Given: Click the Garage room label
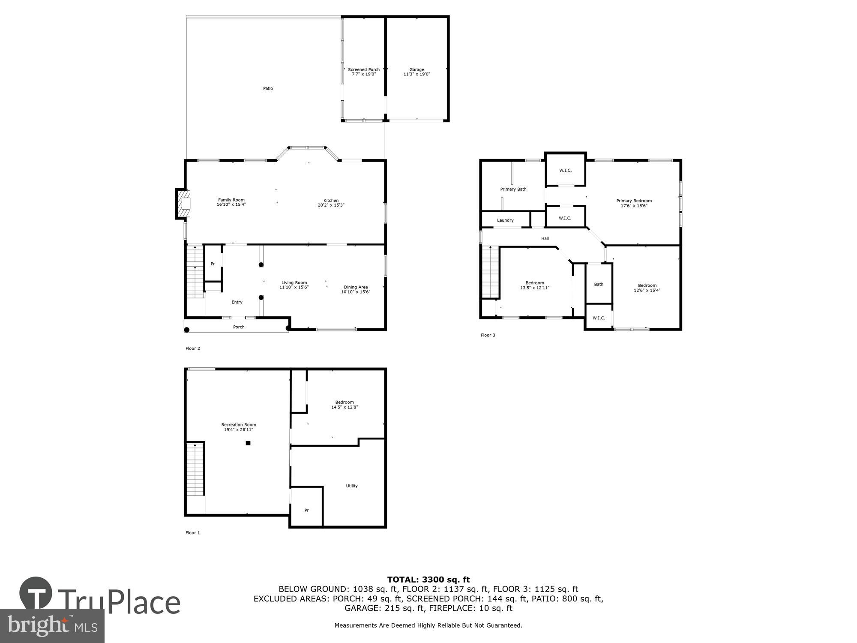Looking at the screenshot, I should [x=417, y=69].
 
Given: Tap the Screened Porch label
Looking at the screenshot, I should [x=363, y=69].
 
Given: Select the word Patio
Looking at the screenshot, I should [x=268, y=89].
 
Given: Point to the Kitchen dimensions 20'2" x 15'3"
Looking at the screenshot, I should [x=331, y=205].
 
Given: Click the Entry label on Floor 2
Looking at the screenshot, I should [x=237, y=302].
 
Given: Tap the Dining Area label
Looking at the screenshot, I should [x=356, y=287].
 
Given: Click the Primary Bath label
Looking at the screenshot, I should [x=513, y=189].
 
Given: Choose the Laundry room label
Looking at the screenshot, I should [x=505, y=220].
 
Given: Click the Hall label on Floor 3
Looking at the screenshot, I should [x=545, y=238].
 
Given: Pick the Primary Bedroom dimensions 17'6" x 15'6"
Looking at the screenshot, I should [x=634, y=206].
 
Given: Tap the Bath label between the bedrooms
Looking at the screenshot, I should [x=599, y=284].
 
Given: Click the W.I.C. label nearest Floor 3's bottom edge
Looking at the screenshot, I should [x=599, y=318].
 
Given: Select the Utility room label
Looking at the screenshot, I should [x=351, y=486].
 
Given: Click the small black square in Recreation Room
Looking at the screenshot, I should [x=248, y=443].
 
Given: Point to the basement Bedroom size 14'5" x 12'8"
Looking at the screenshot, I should [x=344, y=407].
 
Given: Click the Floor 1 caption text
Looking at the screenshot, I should [x=192, y=533].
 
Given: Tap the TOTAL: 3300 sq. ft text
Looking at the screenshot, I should [x=428, y=580].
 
